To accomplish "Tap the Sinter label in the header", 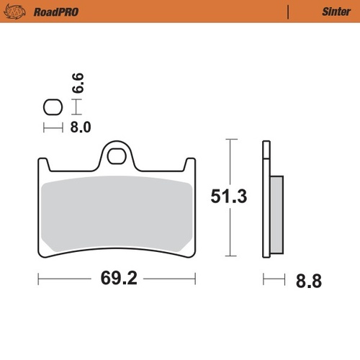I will (333, 12).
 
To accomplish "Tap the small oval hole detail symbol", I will (52, 108).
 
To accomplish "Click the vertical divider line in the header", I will (288, 12).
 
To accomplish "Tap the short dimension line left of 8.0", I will (52, 128).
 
